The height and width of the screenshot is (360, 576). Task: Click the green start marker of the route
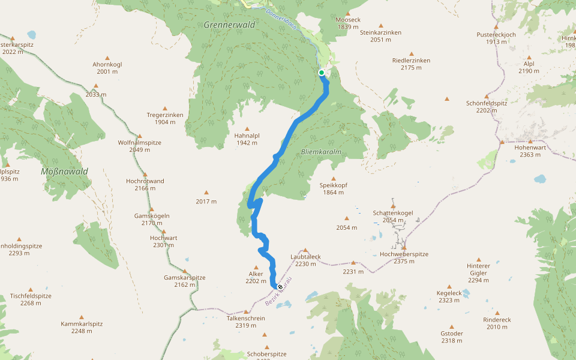click(322, 73)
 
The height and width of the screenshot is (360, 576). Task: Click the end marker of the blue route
click(280, 287)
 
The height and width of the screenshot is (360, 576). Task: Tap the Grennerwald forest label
click(229, 25)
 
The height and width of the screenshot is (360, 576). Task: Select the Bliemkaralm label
click(321, 152)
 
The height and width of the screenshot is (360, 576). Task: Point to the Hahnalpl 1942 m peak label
click(246, 139)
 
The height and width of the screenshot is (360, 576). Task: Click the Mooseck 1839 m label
click(348, 23)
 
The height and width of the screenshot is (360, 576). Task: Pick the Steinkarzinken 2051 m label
click(380, 36)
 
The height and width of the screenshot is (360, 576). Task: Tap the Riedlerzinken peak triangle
click(412, 53)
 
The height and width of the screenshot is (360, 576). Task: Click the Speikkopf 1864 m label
click(334, 188)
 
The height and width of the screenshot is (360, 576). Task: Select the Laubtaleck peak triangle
click(305, 250)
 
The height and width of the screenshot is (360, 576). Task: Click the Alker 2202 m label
click(256, 277)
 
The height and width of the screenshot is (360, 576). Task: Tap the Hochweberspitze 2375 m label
click(404, 257)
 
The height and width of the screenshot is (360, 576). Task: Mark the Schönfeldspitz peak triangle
click(487, 96)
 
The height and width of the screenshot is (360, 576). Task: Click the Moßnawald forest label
click(64, 172)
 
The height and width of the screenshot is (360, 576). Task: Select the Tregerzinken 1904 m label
click(165, 118)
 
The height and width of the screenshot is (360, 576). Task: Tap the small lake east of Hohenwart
click(541, 179)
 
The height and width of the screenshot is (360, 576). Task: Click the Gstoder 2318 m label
click(452, 337)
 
